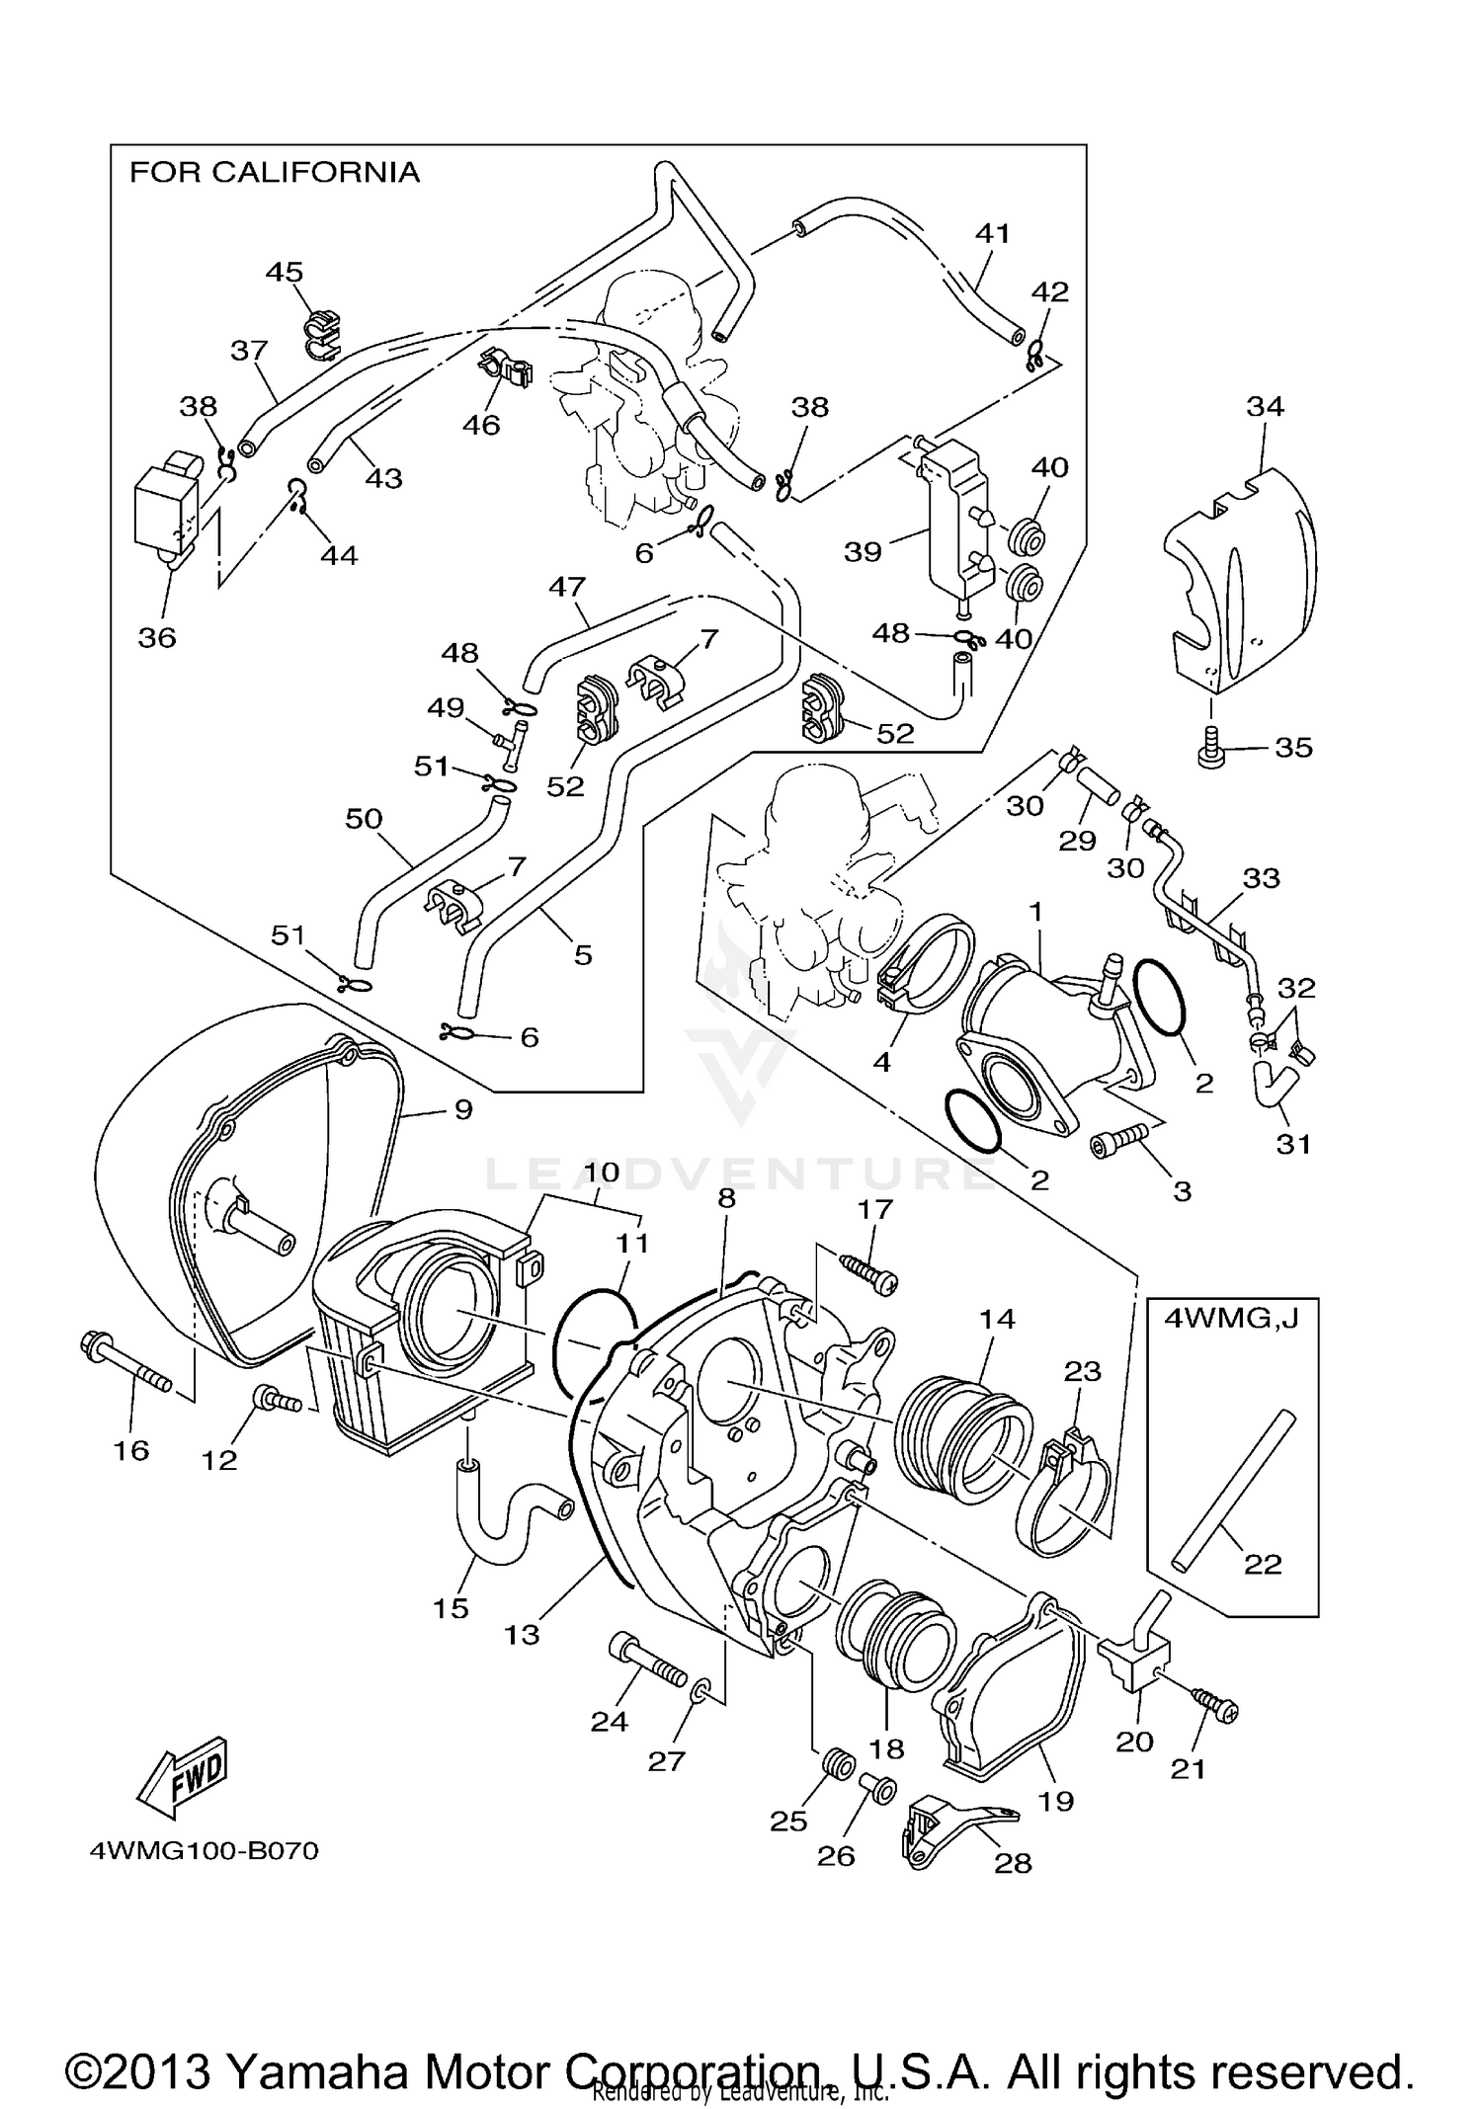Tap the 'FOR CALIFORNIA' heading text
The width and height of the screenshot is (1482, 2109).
[275, 173]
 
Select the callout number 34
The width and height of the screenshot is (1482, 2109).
[1265, 406]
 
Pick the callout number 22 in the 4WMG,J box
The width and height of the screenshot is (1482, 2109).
[1263, 1564]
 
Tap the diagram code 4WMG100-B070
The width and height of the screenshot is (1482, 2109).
[205, 1850]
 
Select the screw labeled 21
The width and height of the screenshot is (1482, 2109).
[1215, 1705]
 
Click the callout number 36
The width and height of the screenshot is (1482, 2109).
[157, 638]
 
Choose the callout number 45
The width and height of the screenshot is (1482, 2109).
[285, 272]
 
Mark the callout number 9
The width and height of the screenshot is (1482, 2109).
[463, 1109]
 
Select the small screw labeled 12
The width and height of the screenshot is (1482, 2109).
[277, 1399]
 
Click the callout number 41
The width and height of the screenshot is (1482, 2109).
[992, 233]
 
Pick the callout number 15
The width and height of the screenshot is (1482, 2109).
[451, 1608]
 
